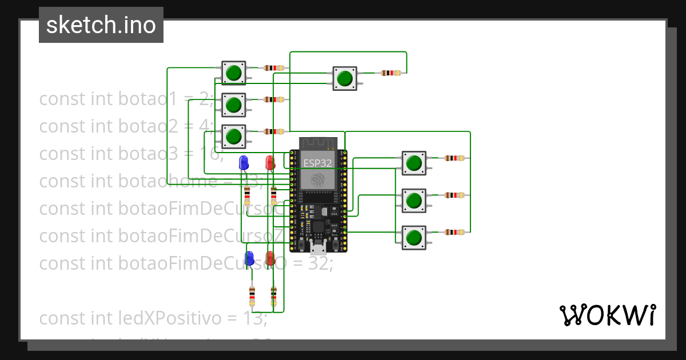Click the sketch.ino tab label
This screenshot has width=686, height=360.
click(101, 25)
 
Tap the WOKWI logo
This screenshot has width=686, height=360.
click(607, 315)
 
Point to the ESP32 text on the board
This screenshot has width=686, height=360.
click(317, 163)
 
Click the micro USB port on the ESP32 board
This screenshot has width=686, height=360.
click(318, 247)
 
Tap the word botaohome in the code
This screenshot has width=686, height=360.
click(167, 181)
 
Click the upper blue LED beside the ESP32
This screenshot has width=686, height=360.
click(244, 162)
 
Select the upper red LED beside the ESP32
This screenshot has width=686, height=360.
click(270, 162)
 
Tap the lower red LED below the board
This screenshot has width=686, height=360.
click(270, 258)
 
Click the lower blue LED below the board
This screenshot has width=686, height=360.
click(249, 258)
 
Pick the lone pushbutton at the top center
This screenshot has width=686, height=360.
click(345, 78)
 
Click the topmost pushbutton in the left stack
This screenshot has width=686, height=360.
click(233, 73)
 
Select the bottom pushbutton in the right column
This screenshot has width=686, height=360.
click(413, 237)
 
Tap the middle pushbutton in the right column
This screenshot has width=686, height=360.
click(413, 200)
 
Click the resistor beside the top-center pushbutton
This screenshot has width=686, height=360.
click(390, 73)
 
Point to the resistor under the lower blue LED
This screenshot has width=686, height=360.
click(252, 296)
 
